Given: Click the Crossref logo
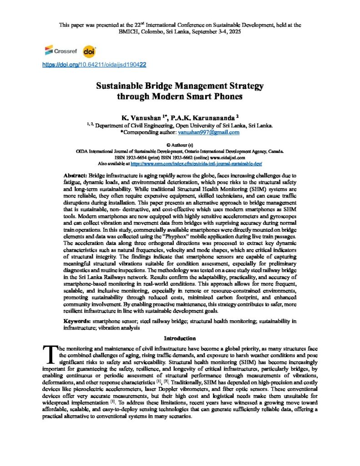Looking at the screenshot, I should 55,51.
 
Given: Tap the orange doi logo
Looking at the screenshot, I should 89,51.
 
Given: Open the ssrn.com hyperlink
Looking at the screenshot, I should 196,162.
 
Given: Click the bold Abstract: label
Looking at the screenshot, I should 75,175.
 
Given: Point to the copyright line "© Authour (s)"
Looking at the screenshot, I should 180,144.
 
